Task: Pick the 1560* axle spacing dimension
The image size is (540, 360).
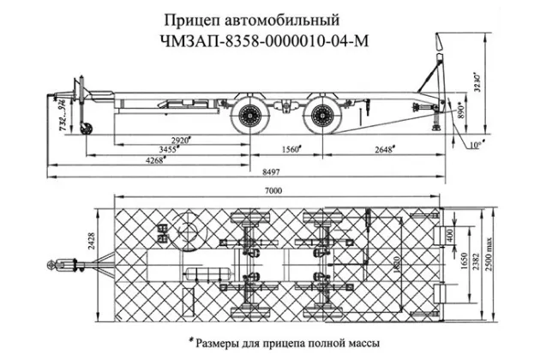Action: tap(292, 149)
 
